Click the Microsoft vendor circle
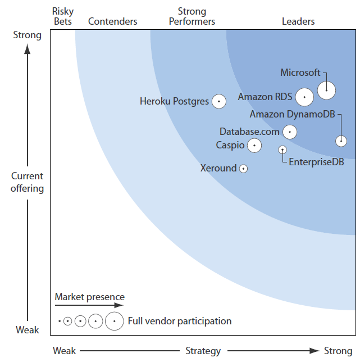pyautogui.click(x=326, y=90)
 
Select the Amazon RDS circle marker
pyautogui.click(x=304, y=97)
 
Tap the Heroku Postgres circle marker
pyautogui.click(x=218, y=102)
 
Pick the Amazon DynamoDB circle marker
pyautogui.click(x=341, y=141)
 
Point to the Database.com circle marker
pyautogui.click(x=290, y=132)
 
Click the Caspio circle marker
pyautogui.click(x=254, y=146)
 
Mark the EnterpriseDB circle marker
pyautogui.click(x=282, y=150)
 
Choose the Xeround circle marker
pyautogui.click(x=243, y=168)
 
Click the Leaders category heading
pyautogui.click(x=298, y=21)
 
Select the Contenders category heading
pyautogui.click(x=113, y=21)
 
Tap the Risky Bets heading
pyautogui.click(x=62, y=16)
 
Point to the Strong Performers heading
pyautogui.click(x=192, y=16)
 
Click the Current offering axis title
pyautogui.click(x=28, y=182)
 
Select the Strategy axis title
pyautogui.click(x=203, y=351)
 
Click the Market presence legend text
pyautogui.click(x=90, y=297)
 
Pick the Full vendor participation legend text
pyautogui.click(x=180, y=321)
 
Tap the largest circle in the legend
pyautogui.click(x=114, y=321)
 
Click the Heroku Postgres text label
pyautogui.click(x=174, y=102)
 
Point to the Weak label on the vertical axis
pyautogui.click(x=27, y=330)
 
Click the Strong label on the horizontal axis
pyautogui.click(x=338, y=351)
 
